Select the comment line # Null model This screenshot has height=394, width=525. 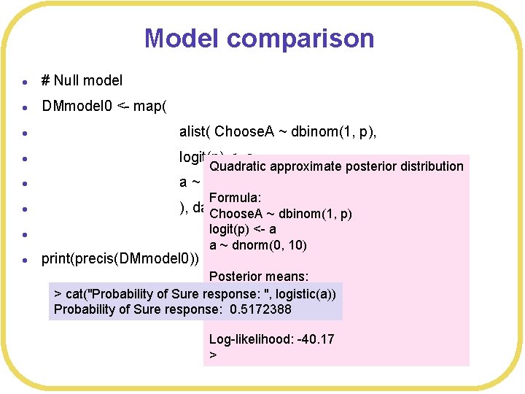tap(82, 80)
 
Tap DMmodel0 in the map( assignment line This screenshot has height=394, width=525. tap(77, 107)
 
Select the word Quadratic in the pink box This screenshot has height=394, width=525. tap(237, 166)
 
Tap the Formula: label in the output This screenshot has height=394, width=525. tap(235, 198)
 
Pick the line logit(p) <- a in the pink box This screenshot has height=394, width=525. tap(242, 229)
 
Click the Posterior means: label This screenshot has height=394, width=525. tap(258, 277)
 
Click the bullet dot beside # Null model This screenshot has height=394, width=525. tap(25, 82)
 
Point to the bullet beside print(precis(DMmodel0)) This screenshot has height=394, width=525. tap(25, 259)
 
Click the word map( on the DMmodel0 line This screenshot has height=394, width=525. tap(150, 107)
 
